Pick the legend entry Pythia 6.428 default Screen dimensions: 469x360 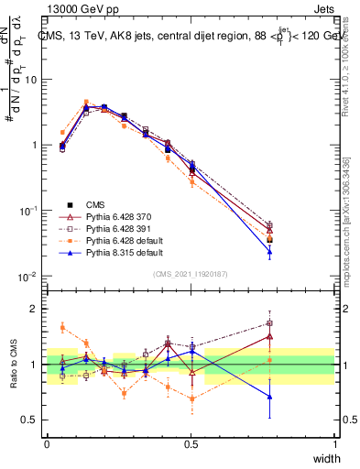coord(120,237)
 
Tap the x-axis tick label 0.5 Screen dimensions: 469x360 coord(191,444)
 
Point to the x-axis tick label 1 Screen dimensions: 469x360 coord(334,444)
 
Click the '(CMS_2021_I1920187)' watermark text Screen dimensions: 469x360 coord(191,274)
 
